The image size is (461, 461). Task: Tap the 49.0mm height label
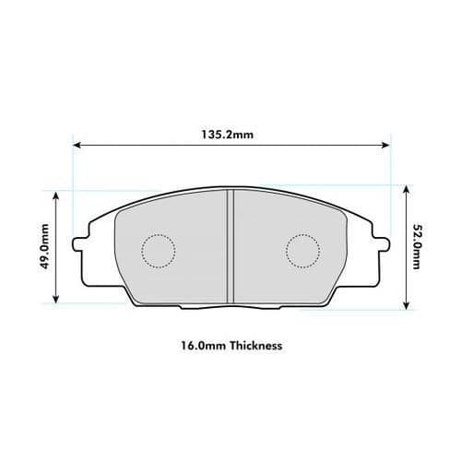[43, 246]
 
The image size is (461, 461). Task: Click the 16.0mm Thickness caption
[230, 348]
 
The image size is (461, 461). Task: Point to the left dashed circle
[158, 249]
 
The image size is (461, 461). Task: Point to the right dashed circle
[302, 249]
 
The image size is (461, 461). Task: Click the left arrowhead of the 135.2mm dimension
[77, 145]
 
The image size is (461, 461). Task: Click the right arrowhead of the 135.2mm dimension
[385, 145]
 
